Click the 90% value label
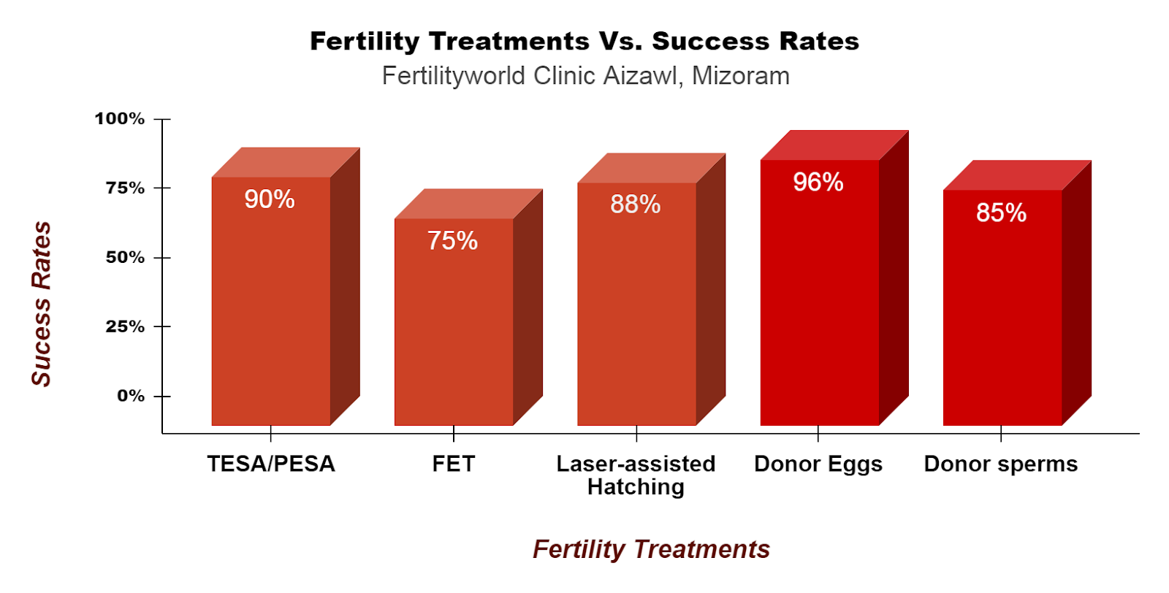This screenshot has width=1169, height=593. point(270,199)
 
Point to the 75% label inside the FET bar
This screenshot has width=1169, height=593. point(452,241)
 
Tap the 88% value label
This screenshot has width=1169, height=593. point(636,204)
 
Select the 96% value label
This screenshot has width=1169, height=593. point(818,182)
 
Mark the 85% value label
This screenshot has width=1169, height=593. point(1001,213)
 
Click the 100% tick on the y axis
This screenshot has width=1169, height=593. point(120,118)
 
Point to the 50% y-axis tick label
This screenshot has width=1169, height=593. point(125,257)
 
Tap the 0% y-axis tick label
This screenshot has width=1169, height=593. point(131,396)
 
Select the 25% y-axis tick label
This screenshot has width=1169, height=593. point(125,326)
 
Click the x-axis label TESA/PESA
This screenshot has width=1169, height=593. point(271,464)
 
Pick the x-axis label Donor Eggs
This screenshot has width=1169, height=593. point(818,464)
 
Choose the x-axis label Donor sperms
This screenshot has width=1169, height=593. point(1001,464)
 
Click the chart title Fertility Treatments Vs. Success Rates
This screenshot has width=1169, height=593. point(584,41)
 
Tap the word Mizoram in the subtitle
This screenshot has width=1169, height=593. point(741,76)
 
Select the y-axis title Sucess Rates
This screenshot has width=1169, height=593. point(41,304)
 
